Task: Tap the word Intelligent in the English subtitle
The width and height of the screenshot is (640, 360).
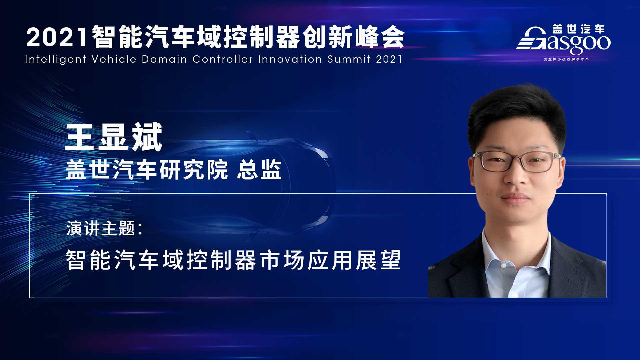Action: point(56,59)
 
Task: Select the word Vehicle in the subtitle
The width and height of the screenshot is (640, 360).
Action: point(114,59)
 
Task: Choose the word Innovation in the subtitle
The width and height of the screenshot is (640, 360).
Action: point(290,59)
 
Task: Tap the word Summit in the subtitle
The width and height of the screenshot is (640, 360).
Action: point(349,59)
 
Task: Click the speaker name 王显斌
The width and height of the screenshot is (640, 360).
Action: point(114,137)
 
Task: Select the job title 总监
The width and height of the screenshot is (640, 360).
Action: point(259,170)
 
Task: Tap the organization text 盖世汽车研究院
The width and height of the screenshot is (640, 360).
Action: point(147,170)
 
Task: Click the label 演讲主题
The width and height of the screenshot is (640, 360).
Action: point(100,228)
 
